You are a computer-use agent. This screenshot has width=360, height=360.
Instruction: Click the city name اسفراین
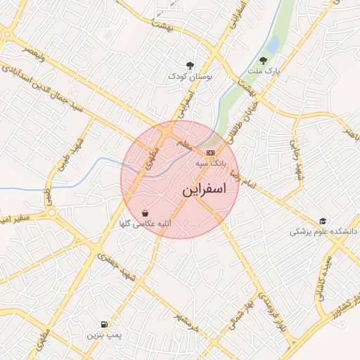tap(204, 190)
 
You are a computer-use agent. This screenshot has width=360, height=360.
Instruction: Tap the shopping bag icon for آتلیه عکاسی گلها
tap(145, 213)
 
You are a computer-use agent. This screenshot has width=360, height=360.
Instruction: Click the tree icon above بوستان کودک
tap(189, 65)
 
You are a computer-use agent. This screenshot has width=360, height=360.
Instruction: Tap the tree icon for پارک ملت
tap(264, 61)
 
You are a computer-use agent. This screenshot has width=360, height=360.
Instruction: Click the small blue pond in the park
tap(272, 44)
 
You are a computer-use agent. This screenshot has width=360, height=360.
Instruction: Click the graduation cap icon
tap(323, 221)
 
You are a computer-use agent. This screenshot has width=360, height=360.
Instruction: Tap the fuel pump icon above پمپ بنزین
tap(105, 324)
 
